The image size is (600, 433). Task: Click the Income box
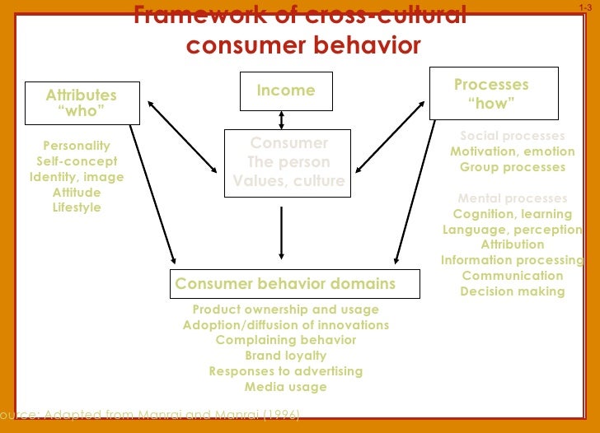pyautogui.click(x=285, y=91)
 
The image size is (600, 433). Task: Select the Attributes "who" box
pyautogui.click(x=82, y=103)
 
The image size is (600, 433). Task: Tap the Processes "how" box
pyautogui.click(x=493, y=93)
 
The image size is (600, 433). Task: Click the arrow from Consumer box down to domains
pyautogui.click(x=282, y=232)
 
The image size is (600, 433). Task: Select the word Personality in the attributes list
pyautogui.click(x=77, y=146)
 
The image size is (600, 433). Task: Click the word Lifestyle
pyautogui.click(x=77, y=207)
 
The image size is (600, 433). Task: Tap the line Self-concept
pyautogui.click(x=77, y=161)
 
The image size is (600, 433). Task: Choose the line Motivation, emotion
pyautogui.click(x=513, y=151)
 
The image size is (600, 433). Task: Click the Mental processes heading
pyautogui.click(x=513, y=198)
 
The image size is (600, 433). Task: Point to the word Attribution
pyautogui.click(x=513, y=244)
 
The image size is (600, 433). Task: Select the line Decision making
pyautogui.click(x=513, y=291)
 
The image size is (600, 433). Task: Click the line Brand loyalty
pyautogui.click(x=286, y=356)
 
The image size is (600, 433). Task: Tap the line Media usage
pyautogui.click(x=286, y=387)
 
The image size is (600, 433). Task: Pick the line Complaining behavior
pyautogui.click(x=286, y=340)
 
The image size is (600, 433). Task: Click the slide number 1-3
pyautogui.click(x=585, y=7)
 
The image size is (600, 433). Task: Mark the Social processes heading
pyautogui.click(x=513, y=136)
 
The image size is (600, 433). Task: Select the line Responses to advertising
pyautogui.click(x=286, y=371)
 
